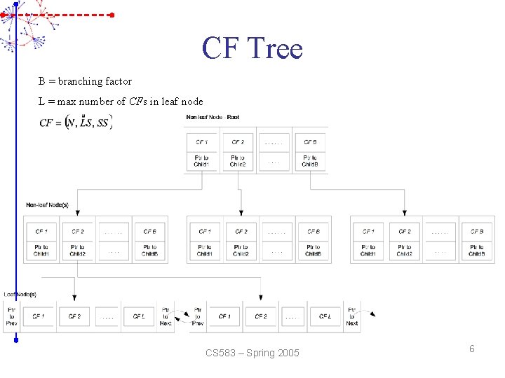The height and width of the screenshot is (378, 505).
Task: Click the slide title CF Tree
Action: pos(252,48)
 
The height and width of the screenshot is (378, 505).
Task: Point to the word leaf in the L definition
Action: pos(173,101)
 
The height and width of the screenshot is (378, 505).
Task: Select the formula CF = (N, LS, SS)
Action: pos(75,123)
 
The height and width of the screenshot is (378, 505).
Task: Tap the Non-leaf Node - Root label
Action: pos(213,117)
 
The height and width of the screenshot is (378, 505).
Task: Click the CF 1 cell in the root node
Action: pos(202,142)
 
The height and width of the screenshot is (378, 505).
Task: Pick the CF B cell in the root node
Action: pos(310,142)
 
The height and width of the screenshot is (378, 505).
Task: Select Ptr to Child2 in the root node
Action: pos(238,161)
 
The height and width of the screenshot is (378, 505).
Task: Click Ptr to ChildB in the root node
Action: pos(310,161)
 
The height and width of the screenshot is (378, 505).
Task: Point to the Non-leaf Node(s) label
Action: pos(47,205)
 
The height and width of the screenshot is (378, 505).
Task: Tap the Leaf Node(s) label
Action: pos(20,294)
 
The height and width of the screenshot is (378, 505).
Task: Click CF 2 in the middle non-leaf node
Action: pos(241,232)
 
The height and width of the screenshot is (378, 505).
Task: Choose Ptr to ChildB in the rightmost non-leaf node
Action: pos(477,250)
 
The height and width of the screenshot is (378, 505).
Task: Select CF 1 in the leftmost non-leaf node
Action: pos(41,232)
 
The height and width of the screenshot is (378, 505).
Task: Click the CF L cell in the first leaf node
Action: pos(139,316)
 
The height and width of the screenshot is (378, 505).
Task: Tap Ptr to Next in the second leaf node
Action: pos(352,316)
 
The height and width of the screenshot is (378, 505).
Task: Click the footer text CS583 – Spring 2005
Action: pos(252,353)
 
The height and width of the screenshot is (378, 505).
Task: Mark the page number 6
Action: pos(472,349)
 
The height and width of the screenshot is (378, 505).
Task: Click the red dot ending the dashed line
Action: pos(112,14)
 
